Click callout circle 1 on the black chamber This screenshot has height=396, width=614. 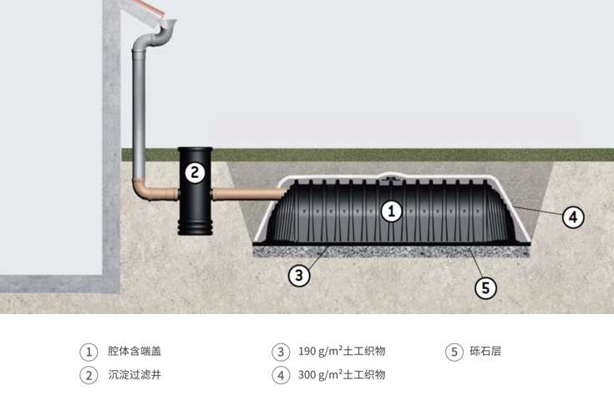pos(391,211)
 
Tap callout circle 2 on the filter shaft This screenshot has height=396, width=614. pos(194,174)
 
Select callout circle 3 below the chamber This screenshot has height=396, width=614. pos(299,275)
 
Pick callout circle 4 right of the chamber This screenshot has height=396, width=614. pos(571,216)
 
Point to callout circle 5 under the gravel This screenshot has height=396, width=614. pos(485,288)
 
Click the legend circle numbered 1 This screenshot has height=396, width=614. pos(88,352)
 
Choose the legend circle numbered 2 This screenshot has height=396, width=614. pos(88,375)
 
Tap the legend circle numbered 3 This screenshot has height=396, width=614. pos(281,352)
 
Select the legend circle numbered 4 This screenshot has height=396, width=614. pos(281,375)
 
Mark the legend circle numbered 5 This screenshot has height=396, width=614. pos(454,352)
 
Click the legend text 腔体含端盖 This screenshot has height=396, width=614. pos(134,352)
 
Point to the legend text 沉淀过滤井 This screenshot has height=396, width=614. pos(134,375)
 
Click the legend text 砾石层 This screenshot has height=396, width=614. pos(485,352)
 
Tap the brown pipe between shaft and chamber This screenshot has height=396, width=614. pos(246,195)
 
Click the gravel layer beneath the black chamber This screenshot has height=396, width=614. pos(393,251)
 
